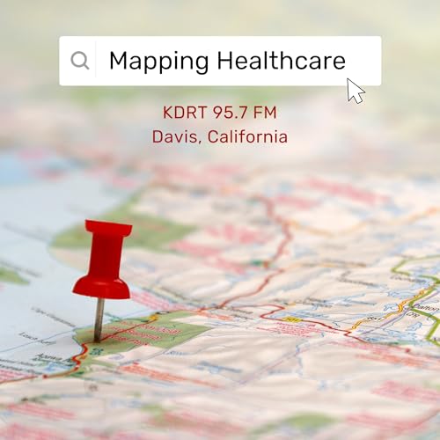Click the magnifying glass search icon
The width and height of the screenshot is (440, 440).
coord(80,61)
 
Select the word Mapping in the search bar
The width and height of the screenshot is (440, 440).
coord(158,61)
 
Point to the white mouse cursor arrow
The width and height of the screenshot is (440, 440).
coord(355,90)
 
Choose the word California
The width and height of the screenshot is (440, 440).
coord(246,137)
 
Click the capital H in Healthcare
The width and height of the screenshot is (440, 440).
coord(224,61)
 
